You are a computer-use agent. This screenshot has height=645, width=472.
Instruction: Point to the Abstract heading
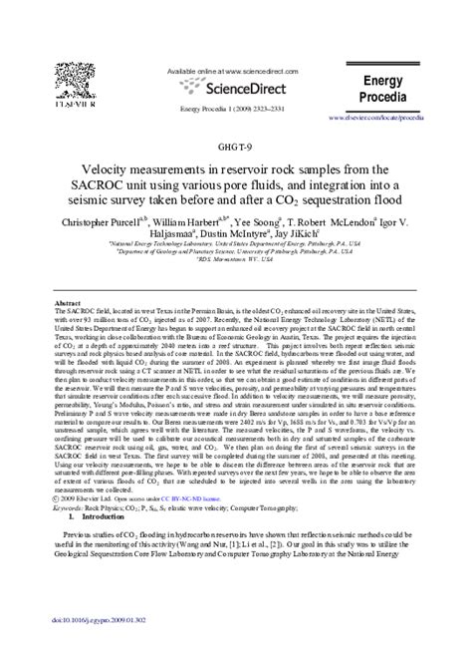[67, 302]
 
